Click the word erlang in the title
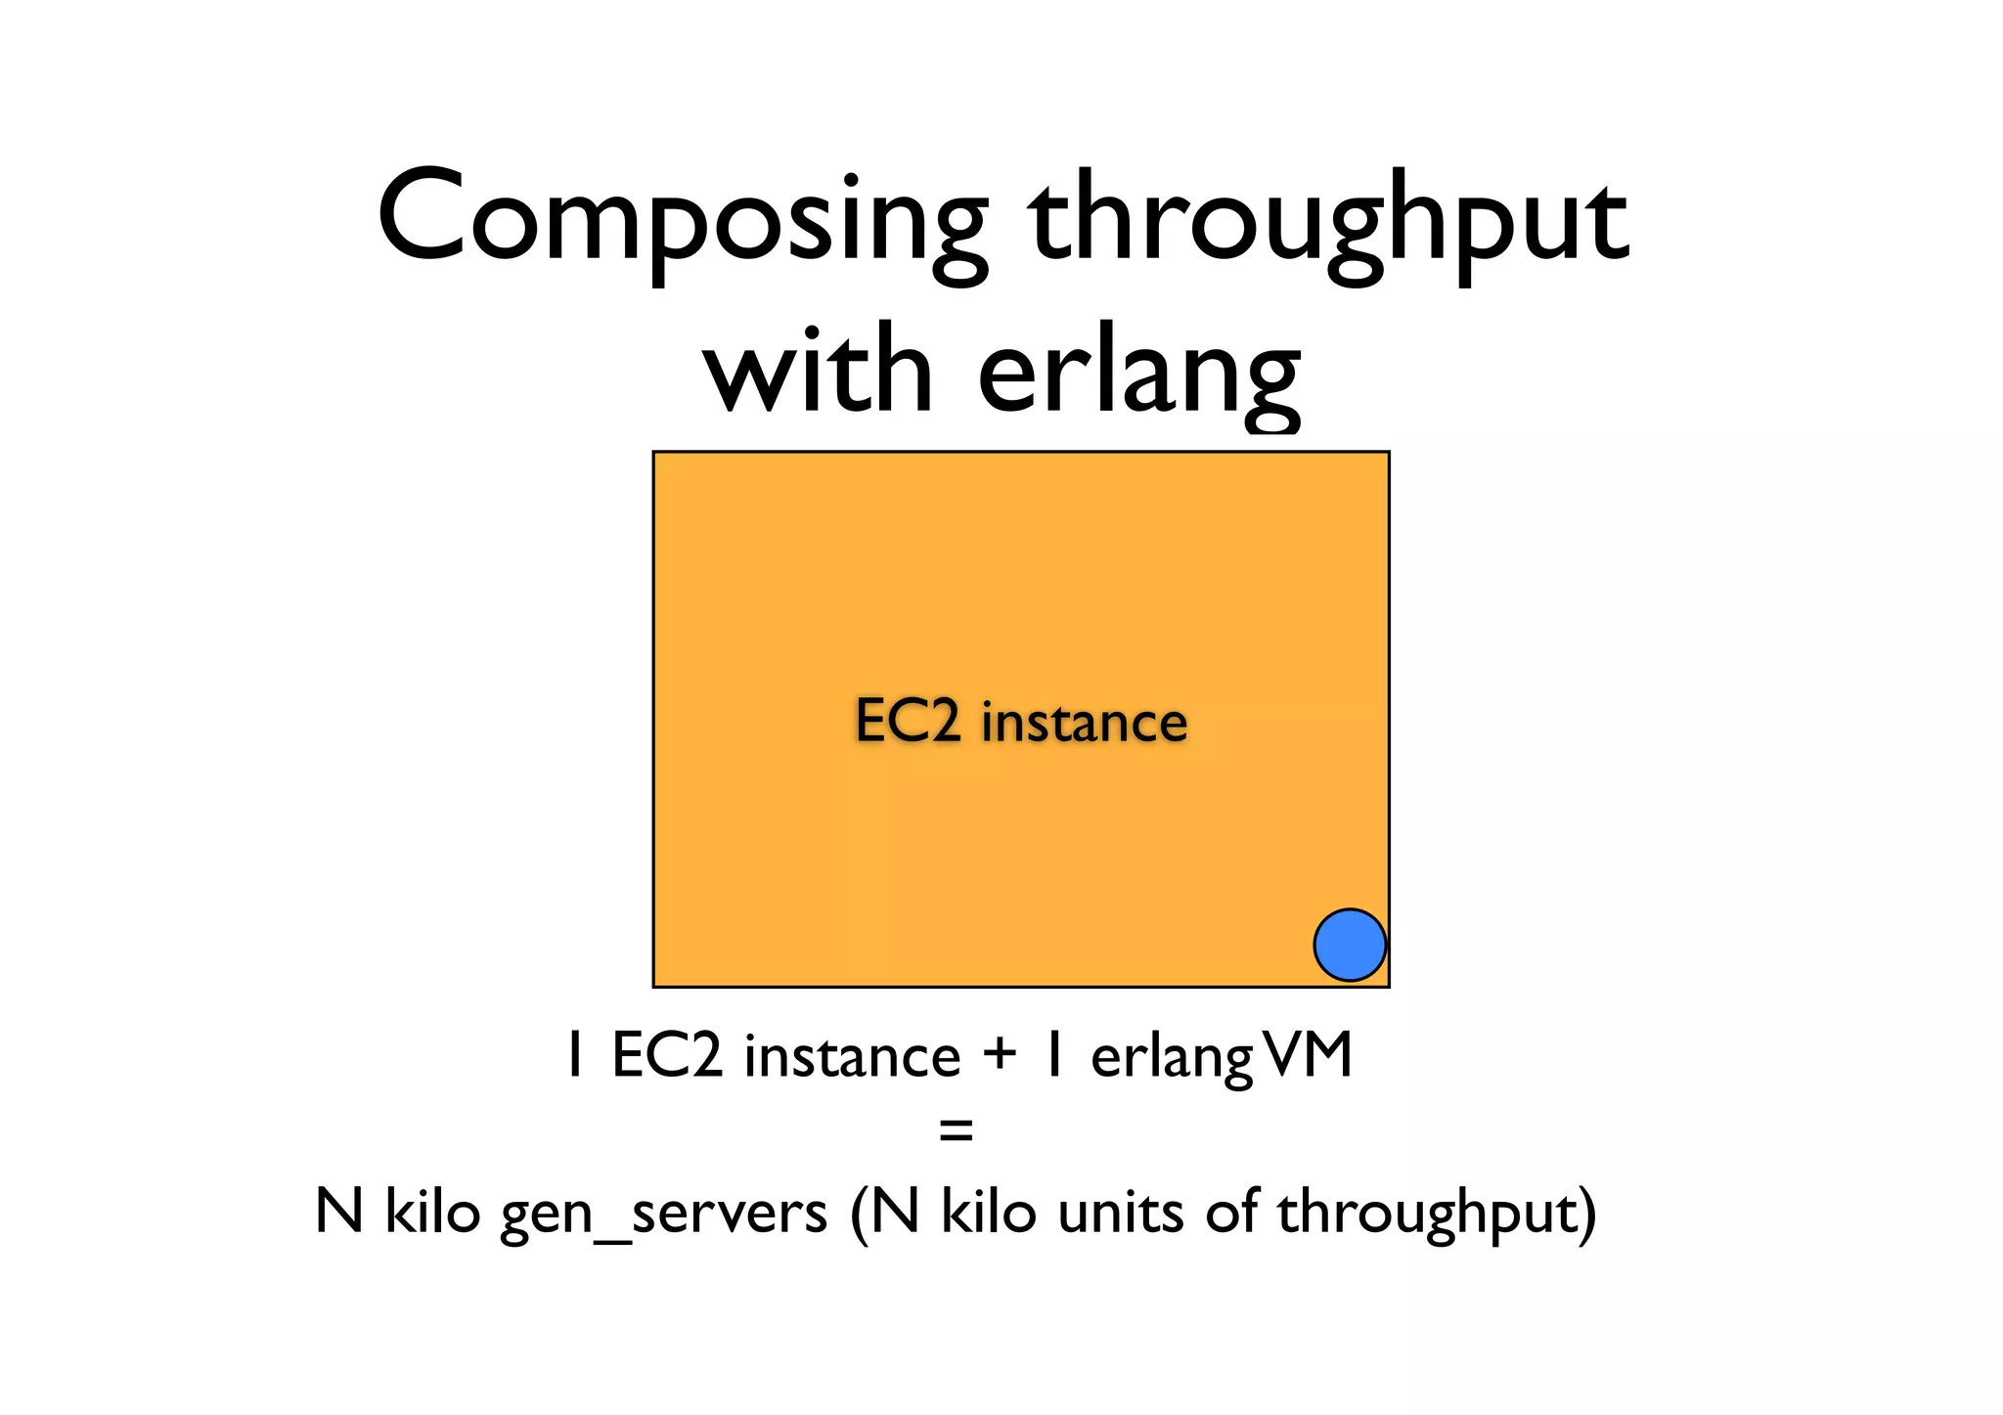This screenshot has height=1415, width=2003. (1139, 376)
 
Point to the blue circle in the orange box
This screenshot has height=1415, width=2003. (1349, 945)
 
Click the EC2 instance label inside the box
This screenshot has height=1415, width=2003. (1021, 722)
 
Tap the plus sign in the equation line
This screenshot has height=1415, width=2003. (1001, 1055)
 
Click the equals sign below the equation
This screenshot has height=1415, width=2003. (956, 1132)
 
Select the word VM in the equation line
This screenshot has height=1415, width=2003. (1307, 1055)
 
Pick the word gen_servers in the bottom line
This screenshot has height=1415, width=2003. (664, 1214)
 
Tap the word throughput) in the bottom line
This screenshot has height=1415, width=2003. (1436, 1214)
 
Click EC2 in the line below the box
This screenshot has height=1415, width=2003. (667, 1056)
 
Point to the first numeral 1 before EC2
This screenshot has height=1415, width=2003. (575, 1056)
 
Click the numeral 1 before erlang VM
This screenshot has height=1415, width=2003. (1053, 1056)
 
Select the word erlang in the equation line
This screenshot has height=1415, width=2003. (1172, 1059)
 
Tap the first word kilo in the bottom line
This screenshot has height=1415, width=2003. (432, 1212)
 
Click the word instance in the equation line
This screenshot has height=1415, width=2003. (852, 1056)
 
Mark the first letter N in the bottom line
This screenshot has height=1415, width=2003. (339, 1212)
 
